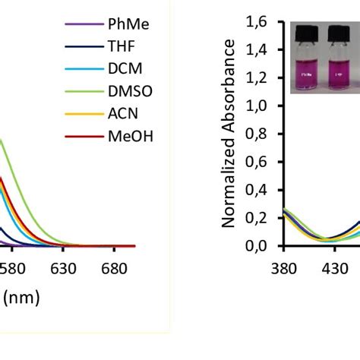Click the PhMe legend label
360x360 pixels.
[128, 24]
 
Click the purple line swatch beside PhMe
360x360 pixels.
[84, 24]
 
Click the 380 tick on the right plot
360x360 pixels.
[283, 268]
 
